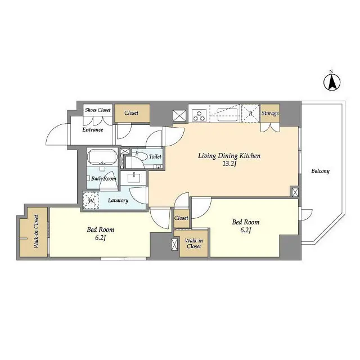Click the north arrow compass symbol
[332, 82]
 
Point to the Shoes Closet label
[98, 110]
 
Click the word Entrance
[93, 130]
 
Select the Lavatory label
[118, 200]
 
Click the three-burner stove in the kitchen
[199, 115]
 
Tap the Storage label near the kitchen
[270, 114]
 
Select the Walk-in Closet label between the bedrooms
[193, 244]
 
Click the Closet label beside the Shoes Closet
[132, 113]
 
